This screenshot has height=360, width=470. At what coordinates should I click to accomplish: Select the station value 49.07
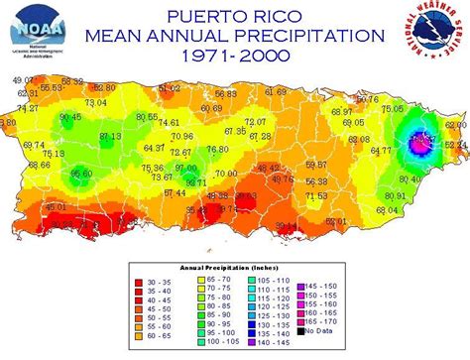click(23, 78)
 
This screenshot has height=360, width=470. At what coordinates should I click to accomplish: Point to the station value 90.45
click(70, 117)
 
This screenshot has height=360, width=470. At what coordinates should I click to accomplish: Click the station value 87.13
click(109, 136)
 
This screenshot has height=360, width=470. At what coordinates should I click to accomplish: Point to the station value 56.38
click(316, 181)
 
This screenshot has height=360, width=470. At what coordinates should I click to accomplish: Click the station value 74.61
click(169, 122)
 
